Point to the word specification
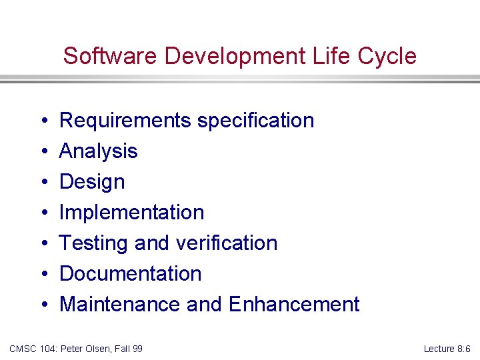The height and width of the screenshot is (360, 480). pos(255,121)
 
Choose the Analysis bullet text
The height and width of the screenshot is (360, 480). pos(98,151)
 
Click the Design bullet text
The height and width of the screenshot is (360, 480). pos(92,182)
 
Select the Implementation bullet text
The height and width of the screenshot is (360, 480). pos(131,213)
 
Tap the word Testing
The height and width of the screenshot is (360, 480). pos(94,243)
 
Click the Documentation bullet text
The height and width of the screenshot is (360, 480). pos(130,274)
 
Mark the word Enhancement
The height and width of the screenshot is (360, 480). pos(294,305)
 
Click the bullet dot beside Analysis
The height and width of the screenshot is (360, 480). pos(42,152)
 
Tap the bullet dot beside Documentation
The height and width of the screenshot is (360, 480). pos(42,275)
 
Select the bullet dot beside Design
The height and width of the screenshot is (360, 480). pos(42,183)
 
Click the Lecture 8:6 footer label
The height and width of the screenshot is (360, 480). pos(447,349)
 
